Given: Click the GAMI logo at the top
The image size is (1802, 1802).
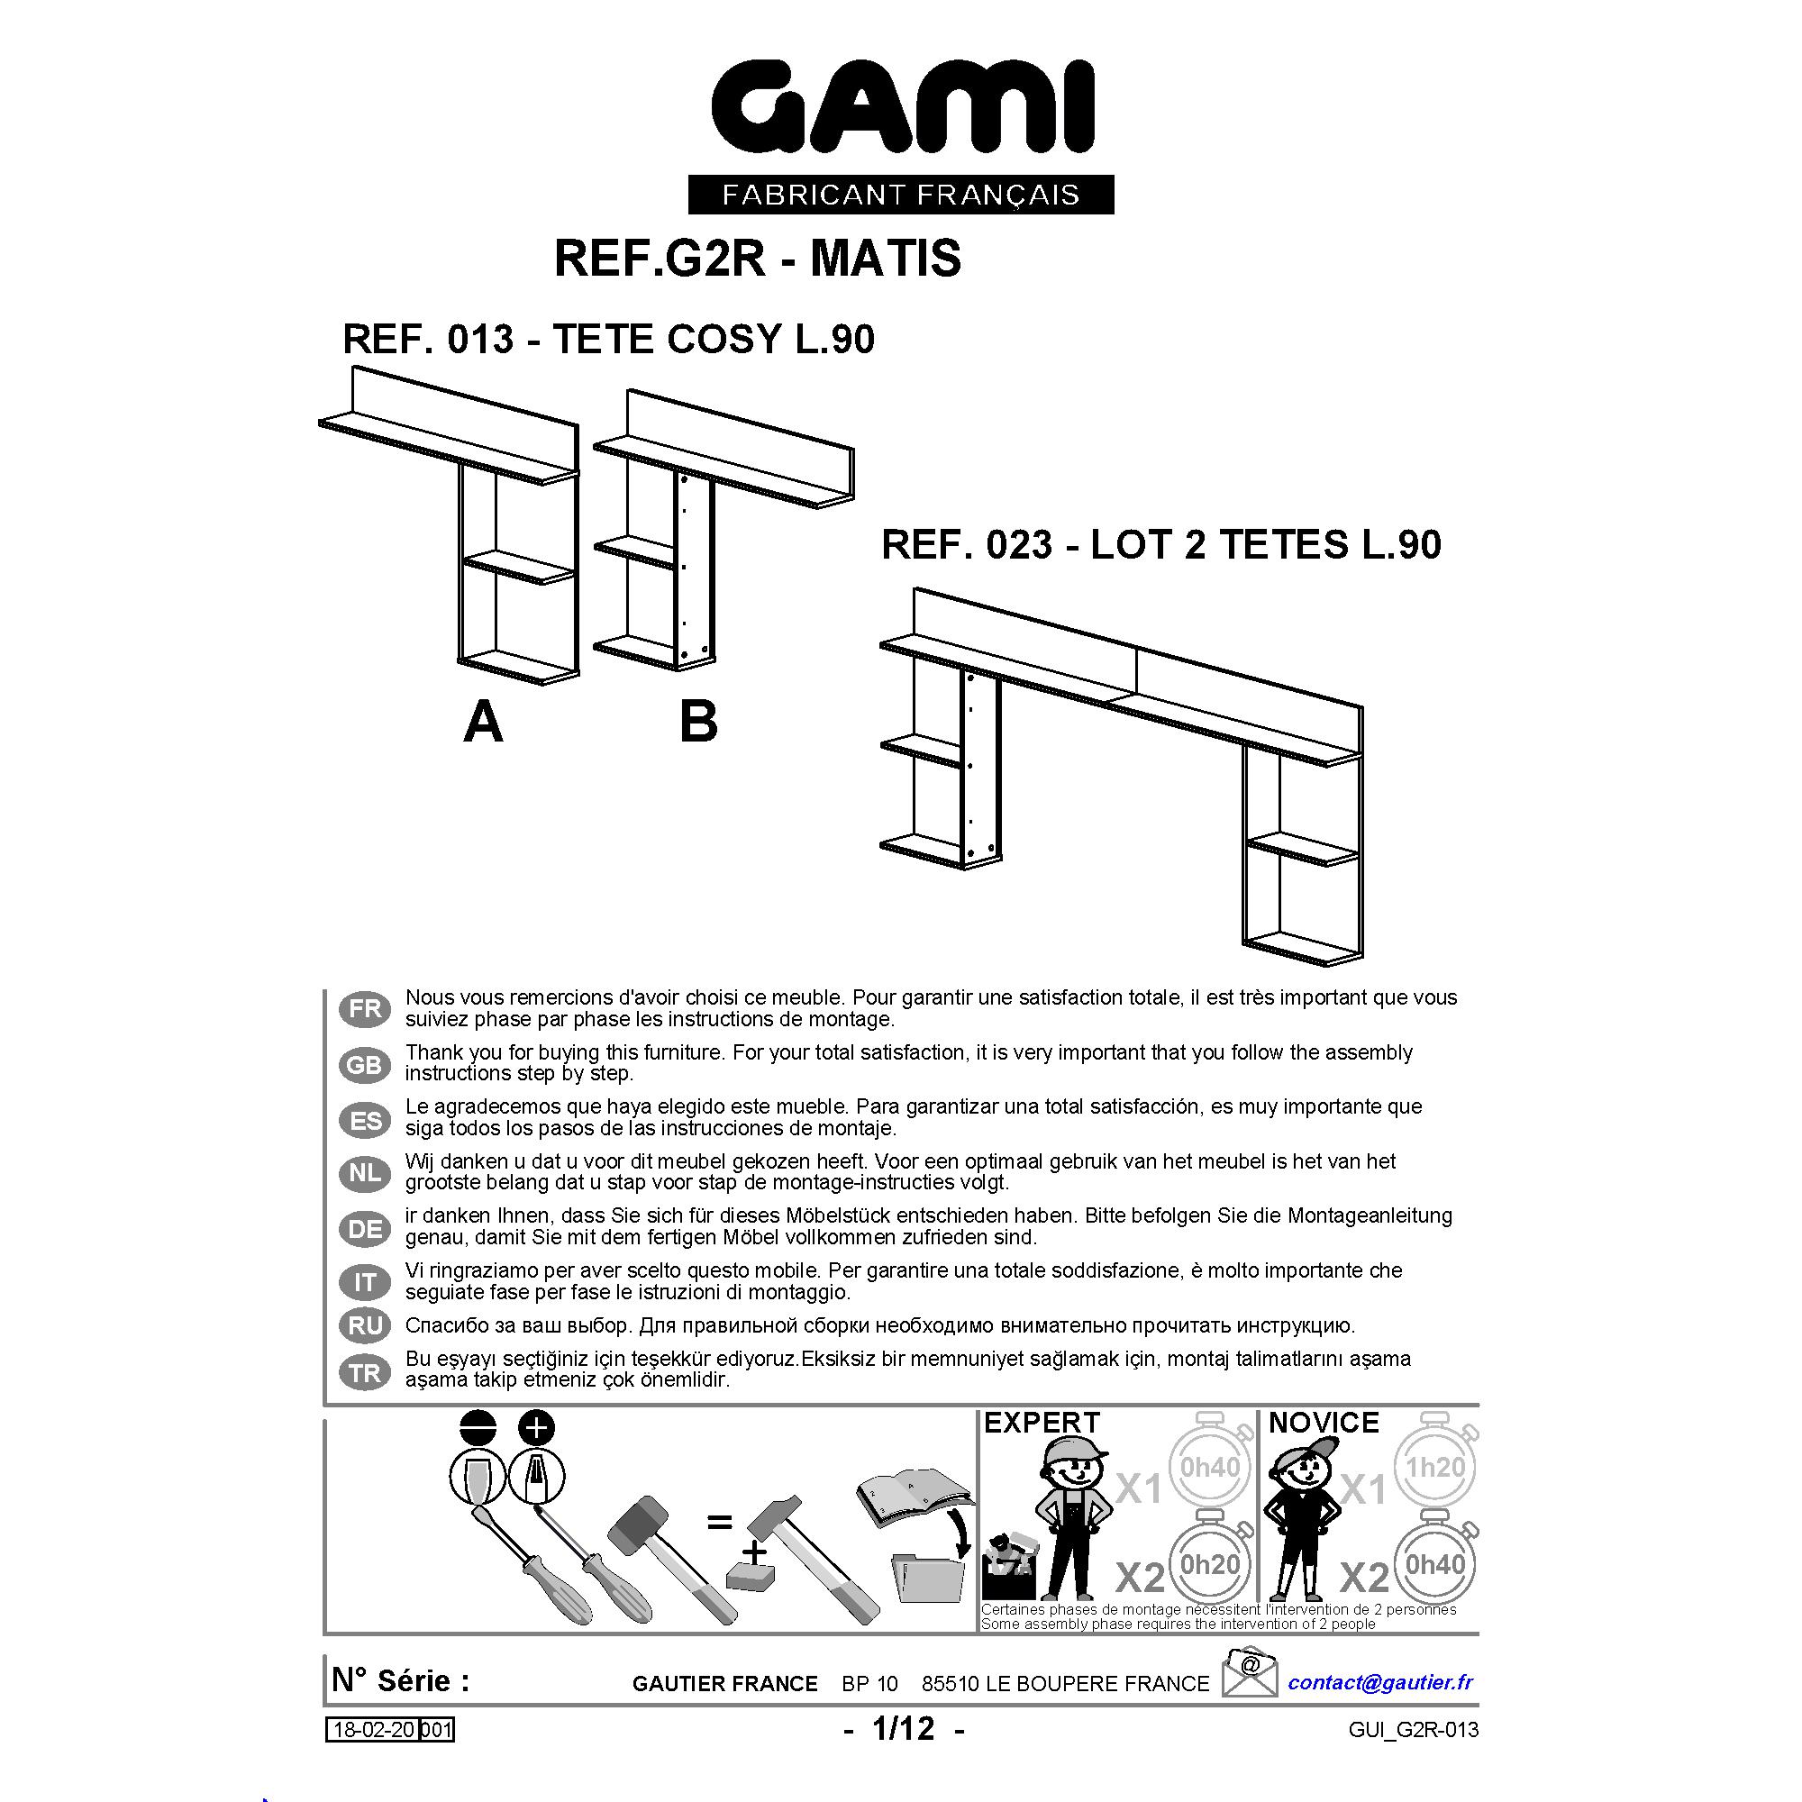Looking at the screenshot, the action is pos(902,106).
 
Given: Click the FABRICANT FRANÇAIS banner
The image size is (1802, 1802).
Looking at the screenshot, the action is pos(901,194).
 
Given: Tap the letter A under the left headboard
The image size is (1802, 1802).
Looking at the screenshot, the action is pos(483,722).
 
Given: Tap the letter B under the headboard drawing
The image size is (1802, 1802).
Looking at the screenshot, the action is pos(698,722).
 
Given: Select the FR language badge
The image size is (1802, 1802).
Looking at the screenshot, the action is pos(365,1008).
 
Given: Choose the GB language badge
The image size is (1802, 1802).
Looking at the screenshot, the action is pos(365,1064).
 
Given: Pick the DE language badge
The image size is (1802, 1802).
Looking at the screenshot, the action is pos(365,1228).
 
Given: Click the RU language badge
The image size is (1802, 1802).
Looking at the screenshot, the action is pos(365,1325).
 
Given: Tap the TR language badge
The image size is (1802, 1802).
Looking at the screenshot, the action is pos(365,1372).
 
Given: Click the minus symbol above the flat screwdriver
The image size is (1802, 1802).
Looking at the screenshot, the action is pos(478,1428).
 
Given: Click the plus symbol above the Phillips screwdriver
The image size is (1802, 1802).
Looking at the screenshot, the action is pos(536,1428).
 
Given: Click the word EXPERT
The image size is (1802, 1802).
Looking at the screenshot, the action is pos(1042,1424).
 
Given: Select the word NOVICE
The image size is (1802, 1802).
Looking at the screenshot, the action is pos(1324,1424).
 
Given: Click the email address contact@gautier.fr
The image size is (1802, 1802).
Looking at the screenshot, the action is pos(1380,1682).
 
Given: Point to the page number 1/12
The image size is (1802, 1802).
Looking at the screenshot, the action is pos(903,1728).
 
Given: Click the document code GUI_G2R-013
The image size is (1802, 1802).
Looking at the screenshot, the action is pos(1413,1730).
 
